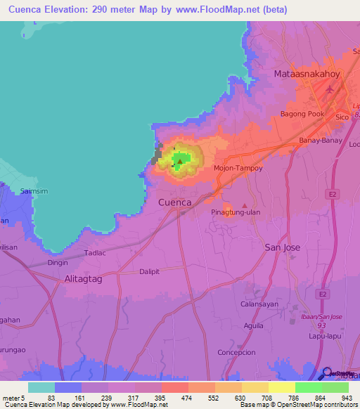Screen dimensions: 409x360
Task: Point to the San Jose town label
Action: (x=282, y=247)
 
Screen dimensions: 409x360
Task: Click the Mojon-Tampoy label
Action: (x=238, y=169)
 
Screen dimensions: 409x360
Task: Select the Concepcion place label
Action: (x=257, y=352)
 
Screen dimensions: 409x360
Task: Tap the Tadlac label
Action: (x=94, y=252)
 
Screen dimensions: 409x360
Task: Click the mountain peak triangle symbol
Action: (x=180, y=162)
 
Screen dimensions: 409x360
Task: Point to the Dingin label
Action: (x=58, y=263)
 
